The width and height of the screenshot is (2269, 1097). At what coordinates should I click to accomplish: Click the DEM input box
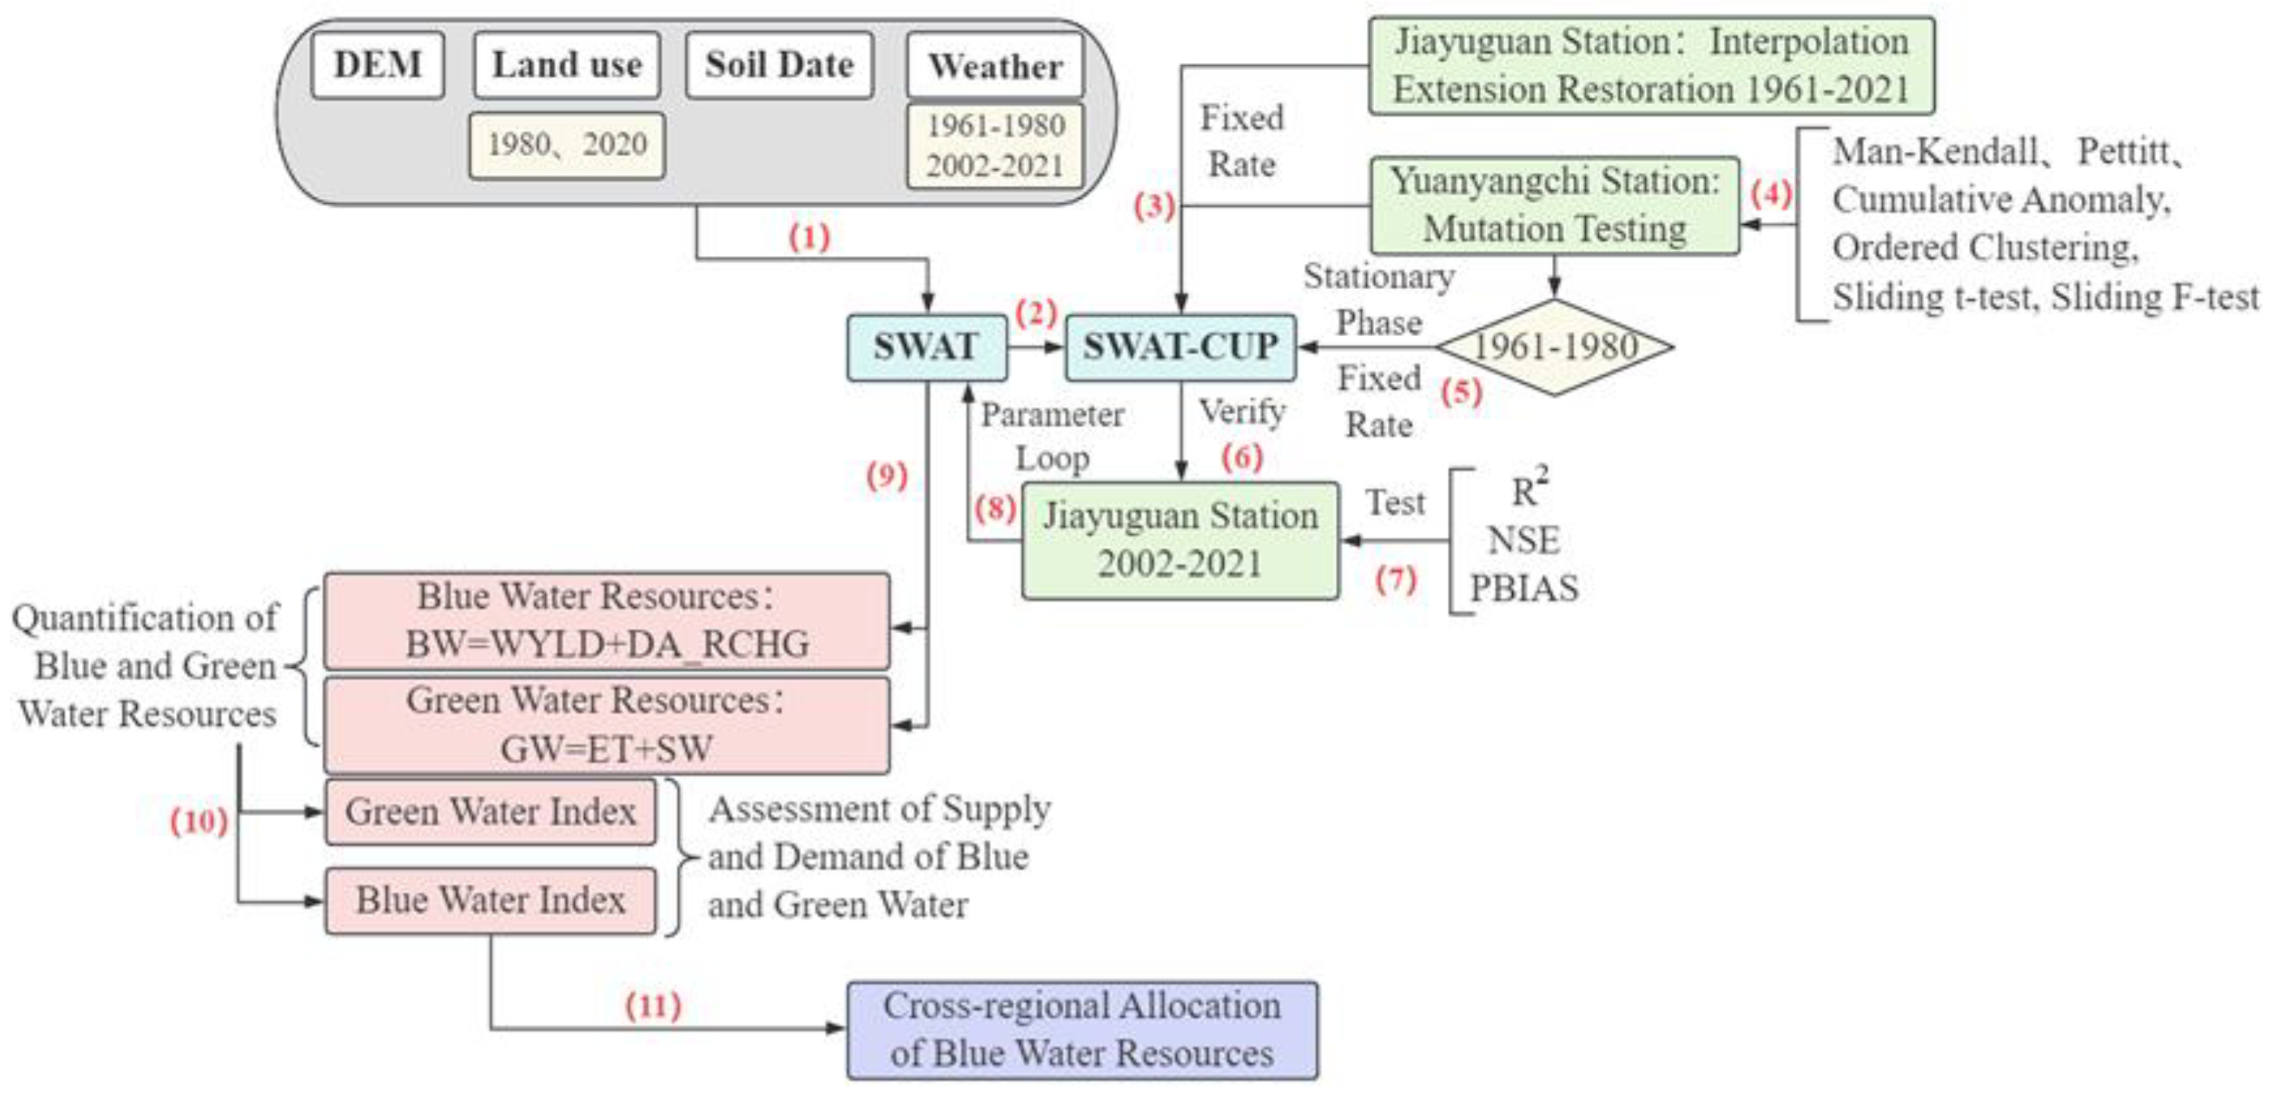[377, 65]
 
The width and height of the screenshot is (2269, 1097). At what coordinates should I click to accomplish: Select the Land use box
[567, 65]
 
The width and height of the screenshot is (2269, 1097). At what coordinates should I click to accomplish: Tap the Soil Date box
[780, 65]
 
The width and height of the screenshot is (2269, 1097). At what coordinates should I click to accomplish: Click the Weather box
[994, 66]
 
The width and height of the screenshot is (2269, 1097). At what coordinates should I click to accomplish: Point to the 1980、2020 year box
[567, 145]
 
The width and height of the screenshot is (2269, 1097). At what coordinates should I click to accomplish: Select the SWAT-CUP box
[1180, 347]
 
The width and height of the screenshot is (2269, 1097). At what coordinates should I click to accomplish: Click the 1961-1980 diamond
[1555, 347]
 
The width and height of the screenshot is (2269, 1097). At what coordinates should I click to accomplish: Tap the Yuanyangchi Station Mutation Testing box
[1555, 205]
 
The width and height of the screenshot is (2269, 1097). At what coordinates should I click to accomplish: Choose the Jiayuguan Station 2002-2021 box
[1180, 540]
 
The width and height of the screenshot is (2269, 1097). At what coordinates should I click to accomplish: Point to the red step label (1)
[809, 237]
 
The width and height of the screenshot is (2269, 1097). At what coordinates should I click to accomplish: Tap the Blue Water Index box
[490, 900]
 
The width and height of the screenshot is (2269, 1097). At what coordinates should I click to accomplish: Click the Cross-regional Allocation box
[1082, 1030]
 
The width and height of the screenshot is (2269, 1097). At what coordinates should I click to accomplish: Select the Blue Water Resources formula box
[606, 621]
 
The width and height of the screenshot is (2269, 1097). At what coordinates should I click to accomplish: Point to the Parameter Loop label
[1052, 436]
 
